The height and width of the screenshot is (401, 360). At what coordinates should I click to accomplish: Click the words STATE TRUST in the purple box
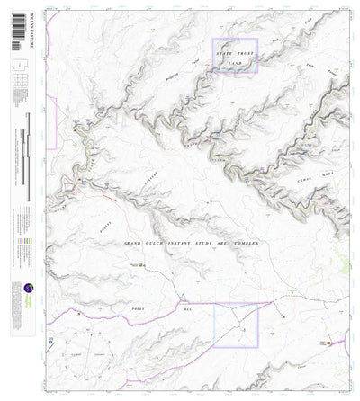point(234,57)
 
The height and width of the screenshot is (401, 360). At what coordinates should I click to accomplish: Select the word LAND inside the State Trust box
point(235,65)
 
